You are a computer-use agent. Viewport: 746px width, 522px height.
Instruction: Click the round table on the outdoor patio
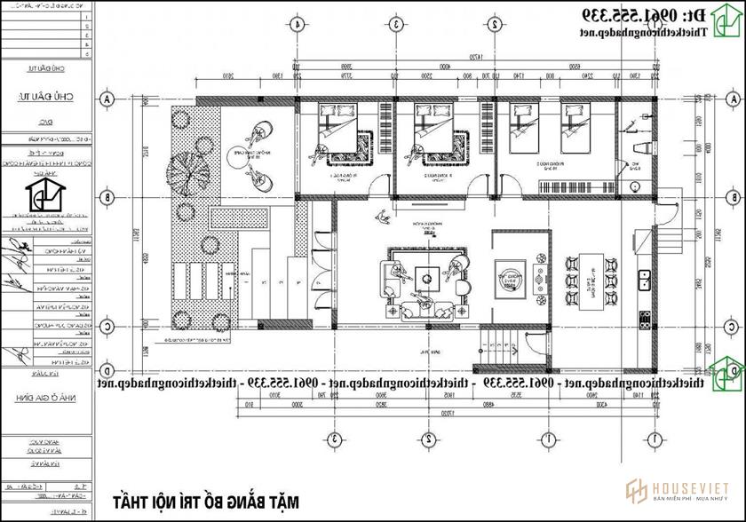pyautogui.click(x=250, y=160)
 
